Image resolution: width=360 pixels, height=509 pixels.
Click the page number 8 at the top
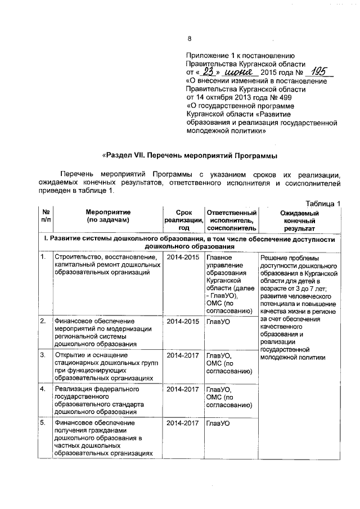click(190, 39)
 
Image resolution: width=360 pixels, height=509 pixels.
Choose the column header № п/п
click(45, 217)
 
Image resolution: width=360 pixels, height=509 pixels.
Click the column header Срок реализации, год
click(183, 220)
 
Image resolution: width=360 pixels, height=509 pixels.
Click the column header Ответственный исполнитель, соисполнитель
click(232, 220)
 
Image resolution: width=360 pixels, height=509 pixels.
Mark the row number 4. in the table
click(43, 389)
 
